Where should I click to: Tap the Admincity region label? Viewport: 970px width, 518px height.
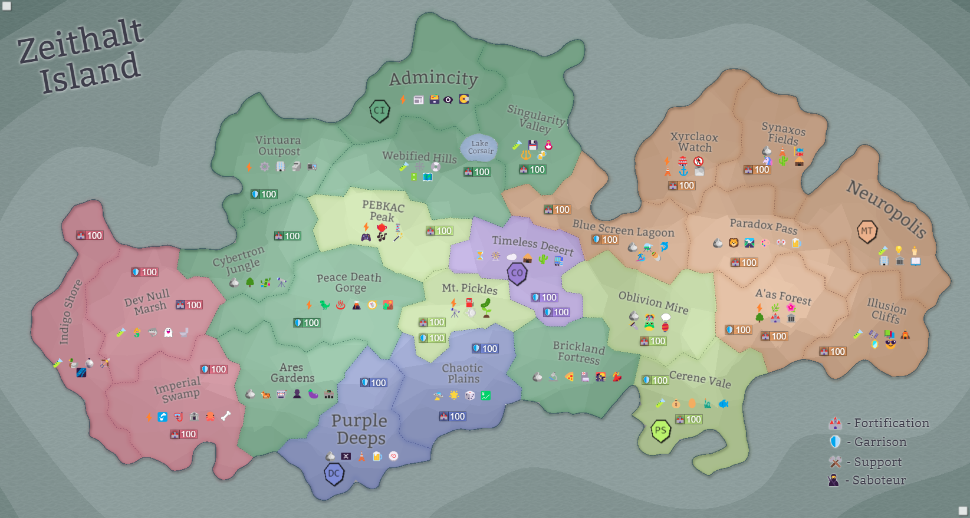click(433, 78)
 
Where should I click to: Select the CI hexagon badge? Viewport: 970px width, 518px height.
click(379, 110)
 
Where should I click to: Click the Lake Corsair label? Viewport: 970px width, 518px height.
click(480, 147)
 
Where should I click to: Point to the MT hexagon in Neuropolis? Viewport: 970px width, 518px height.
click(866, 231)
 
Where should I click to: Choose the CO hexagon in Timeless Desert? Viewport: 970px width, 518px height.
click(517, 273)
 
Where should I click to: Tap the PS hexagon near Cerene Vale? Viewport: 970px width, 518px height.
click(660, 431)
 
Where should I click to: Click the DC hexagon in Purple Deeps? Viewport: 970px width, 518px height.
click(334, 474)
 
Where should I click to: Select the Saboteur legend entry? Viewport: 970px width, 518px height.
click(867, 480)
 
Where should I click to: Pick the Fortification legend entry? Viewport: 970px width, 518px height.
click(879, 423)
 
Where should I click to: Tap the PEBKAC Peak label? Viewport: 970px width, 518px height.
click(383, 211)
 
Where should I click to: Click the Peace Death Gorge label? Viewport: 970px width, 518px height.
click(350, 282)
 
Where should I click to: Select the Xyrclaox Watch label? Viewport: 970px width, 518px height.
click(694, 142)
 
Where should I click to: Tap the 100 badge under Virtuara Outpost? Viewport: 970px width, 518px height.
click(264, 194)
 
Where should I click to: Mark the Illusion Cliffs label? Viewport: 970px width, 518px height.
click(886, 311)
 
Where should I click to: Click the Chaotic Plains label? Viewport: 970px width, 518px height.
click(463, 373)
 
